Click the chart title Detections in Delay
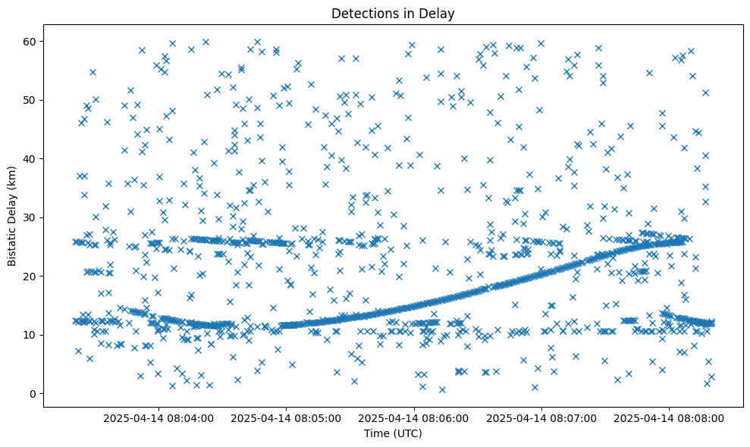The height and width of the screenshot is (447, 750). coord(393,13)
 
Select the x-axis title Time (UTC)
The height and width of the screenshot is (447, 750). coord(393,433)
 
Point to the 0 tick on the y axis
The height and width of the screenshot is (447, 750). coord(33,393)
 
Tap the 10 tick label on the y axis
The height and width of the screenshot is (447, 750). coord(30,335)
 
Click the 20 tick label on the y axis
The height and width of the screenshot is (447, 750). coord(30,276)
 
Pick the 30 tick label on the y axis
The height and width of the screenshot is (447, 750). coord(30,217)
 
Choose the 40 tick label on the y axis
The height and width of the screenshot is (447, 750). coord(30,158)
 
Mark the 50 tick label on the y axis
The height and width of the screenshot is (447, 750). coord(30,100)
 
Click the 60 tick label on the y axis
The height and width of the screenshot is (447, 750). coord(30,41)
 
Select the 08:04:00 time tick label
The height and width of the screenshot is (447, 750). coord(159,417)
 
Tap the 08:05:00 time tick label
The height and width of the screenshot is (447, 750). coord(287,417)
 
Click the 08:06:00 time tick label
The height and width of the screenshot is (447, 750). coord(414,417)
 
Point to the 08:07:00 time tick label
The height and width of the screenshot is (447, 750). coord(541,417)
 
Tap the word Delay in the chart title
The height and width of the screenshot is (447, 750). coord(438,13)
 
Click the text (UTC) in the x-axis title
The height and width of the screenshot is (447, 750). coord(407,433)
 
